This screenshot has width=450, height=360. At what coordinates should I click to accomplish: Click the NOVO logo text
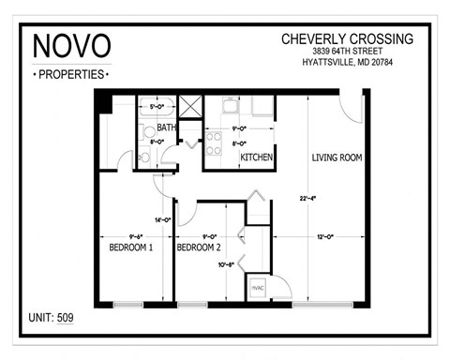point(71,46)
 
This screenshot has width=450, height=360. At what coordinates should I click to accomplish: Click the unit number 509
point(64,318)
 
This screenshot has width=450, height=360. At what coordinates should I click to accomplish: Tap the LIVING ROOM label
point(337,157)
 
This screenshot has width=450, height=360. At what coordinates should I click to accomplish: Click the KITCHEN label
point(256,157)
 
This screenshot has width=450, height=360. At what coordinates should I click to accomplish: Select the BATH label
point(166,127)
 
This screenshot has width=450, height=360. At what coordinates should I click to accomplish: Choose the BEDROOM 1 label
point(130,247)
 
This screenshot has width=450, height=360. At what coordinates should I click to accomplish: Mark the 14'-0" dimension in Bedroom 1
point(161,219)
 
